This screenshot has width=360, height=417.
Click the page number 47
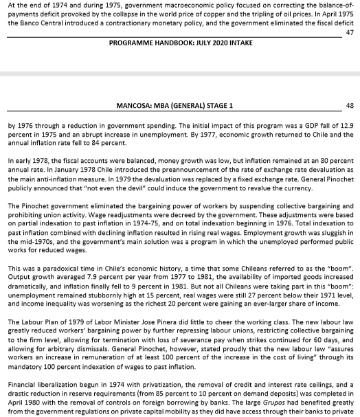[x=350, y=32]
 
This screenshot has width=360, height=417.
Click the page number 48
[x=350, y=105]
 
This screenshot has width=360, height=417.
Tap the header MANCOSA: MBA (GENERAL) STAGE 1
[x=180, y=105]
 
